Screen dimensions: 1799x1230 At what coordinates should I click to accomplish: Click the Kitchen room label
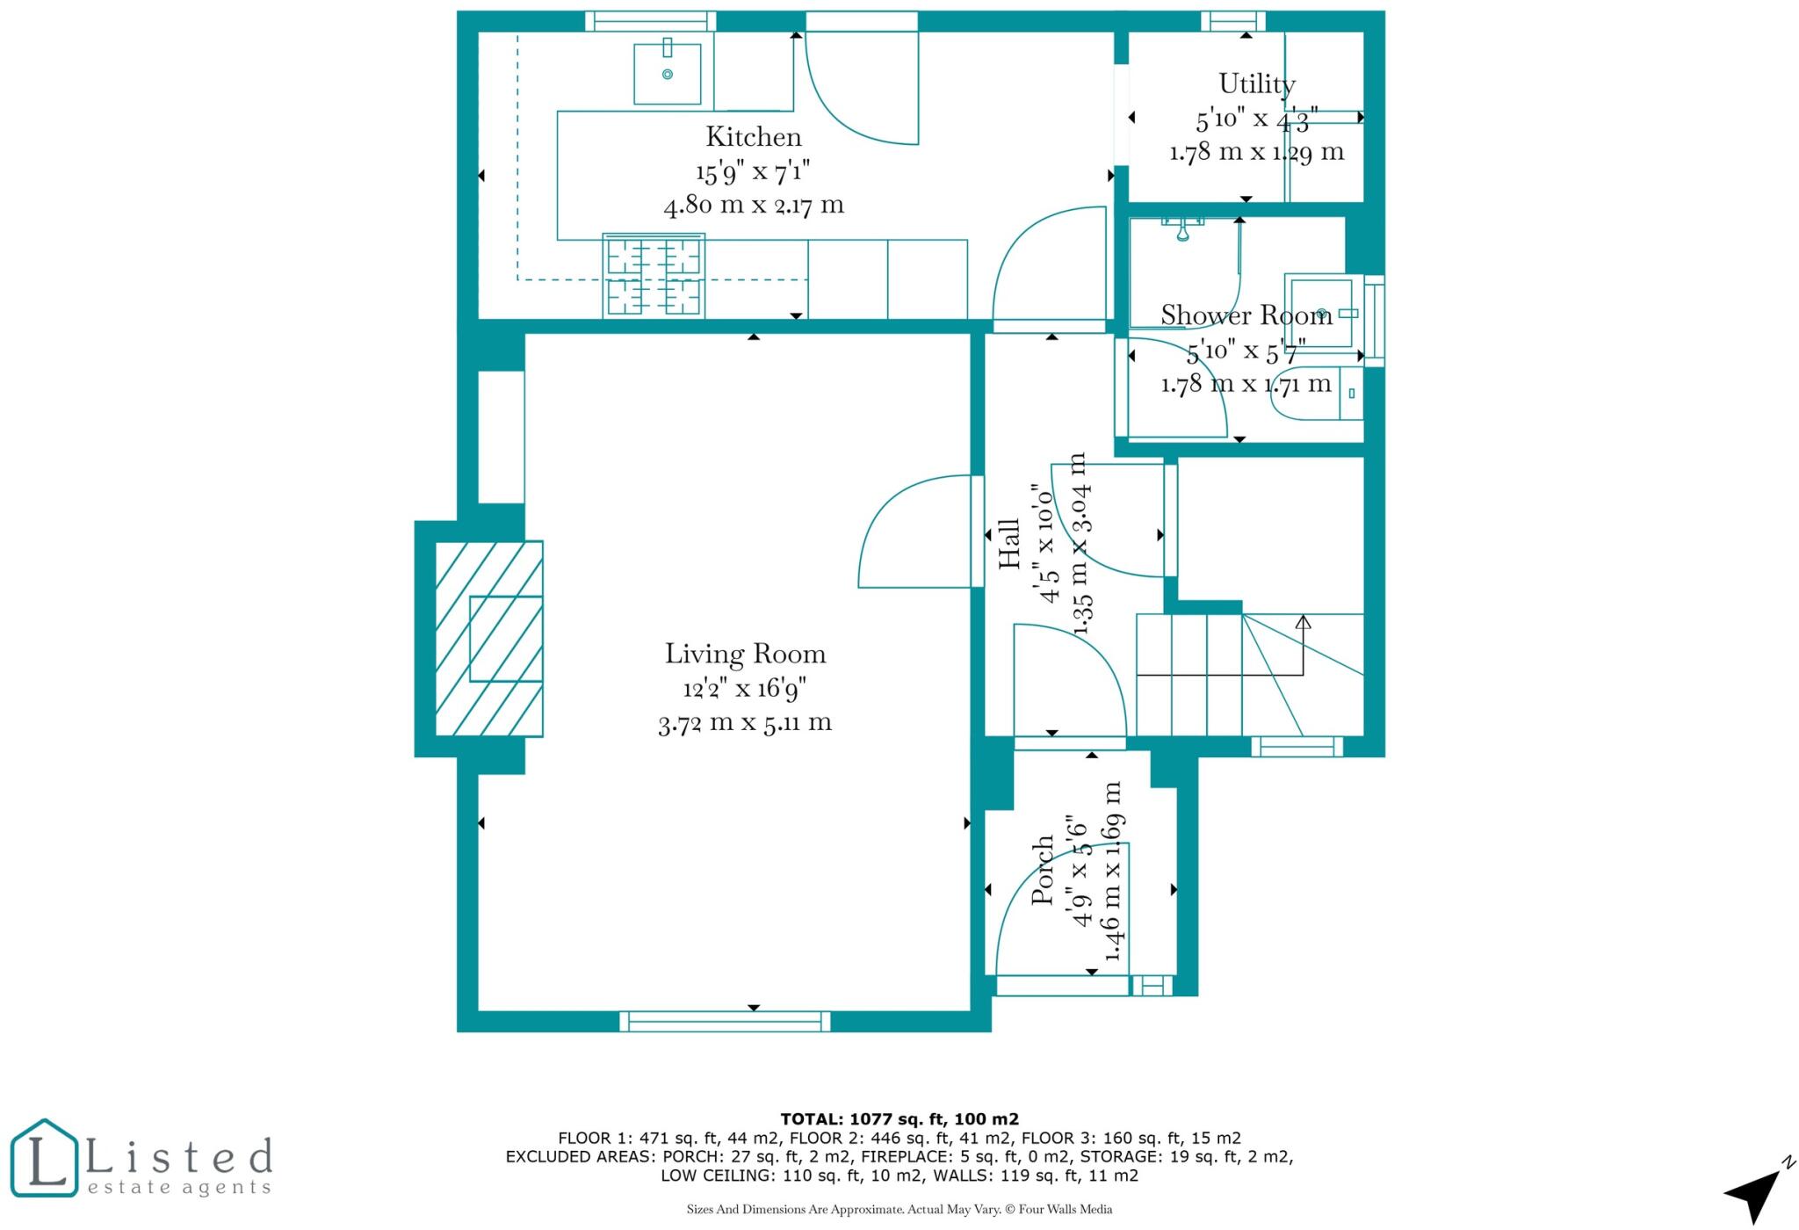click(754, 137)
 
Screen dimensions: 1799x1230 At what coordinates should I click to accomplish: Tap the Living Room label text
click(745, 654)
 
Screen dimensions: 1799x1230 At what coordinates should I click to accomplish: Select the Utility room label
click(1256, 84)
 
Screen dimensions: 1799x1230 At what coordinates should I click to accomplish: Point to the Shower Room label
click(1246, 315)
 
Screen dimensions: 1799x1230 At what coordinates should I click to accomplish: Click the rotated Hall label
click(1009, 543)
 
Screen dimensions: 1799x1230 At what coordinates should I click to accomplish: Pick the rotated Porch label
click(1042, 870)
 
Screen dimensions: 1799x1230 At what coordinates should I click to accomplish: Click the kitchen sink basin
click(668, 74)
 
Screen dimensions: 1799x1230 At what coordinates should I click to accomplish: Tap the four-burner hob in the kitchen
click(654, 275)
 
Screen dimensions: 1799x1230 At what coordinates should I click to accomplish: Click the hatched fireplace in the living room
click(489, 638)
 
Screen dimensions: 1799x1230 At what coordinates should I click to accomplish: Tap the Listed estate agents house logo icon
click(44, 1158)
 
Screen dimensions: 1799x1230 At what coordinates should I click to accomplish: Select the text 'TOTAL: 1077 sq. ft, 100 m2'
click(899, 1119)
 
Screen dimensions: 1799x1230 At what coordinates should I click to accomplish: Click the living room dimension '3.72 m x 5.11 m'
click(745, 723)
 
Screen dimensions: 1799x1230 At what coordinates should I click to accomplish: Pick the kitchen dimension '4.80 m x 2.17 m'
click(754, 206)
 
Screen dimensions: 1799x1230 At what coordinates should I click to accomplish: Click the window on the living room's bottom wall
click(725, 1021)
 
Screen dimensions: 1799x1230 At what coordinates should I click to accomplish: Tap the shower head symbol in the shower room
click(1182, 231)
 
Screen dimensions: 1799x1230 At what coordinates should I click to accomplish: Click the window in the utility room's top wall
click(1233, 21)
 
